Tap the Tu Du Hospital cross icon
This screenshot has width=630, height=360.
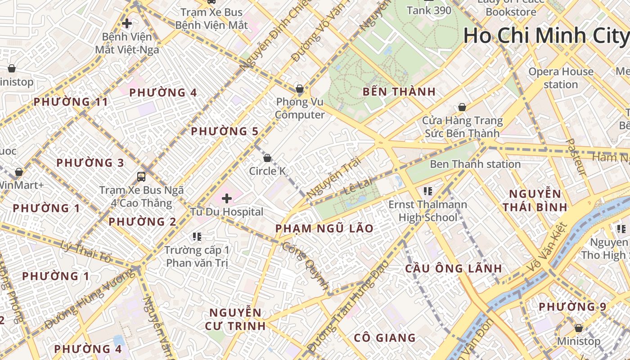point(227,198)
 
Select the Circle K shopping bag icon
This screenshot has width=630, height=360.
point(267,158)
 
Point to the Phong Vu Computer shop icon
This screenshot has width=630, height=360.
point(299,89)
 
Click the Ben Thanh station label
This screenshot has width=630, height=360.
point(475,164)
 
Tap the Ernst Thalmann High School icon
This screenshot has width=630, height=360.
point(427,191)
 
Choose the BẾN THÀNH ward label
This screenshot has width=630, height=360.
point(399,92)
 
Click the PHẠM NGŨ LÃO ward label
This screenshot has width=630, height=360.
point(324,229)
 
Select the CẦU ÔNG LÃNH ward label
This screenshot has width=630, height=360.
point(453,269)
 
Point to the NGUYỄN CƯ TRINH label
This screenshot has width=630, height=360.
point(235,319)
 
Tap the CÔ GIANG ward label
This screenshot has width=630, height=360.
point(384,337)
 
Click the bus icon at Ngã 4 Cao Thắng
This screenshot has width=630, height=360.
point(141,176)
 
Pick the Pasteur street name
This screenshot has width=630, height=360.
point(575,157)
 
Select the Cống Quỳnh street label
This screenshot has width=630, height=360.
point(306,265)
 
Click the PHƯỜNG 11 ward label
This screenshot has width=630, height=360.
point(71,102)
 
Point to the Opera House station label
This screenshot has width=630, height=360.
point(561,78)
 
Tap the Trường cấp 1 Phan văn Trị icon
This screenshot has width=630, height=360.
point(197,236)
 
